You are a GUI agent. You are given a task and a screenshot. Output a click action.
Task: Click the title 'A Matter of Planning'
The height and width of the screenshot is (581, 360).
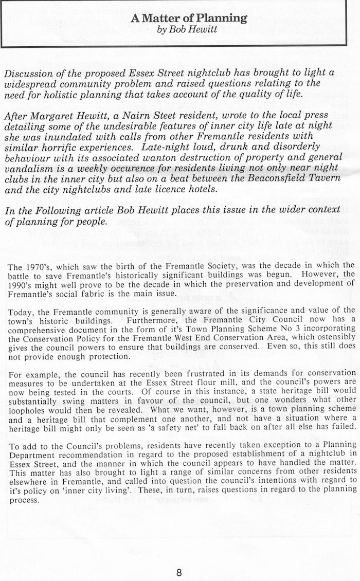click(188, 19)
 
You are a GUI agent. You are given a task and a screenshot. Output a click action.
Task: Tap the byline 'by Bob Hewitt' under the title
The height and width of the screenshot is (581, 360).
click(188, 29)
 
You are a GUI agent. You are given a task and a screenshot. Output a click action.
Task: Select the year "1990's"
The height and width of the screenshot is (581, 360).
click(22, 284)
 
